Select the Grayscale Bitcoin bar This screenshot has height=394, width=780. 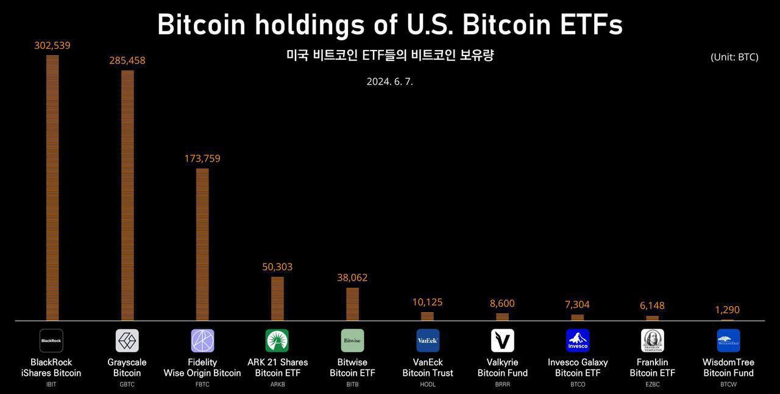[127, 195]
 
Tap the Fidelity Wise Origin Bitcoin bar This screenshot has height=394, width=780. [202, 244]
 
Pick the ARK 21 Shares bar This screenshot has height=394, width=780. [277, 298]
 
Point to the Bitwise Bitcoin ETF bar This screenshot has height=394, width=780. [352, 304]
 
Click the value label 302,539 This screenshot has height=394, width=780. [52, 46]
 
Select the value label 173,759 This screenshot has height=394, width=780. [202, 159]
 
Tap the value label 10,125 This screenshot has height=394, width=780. [427, 302]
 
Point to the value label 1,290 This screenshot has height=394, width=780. [727, 310]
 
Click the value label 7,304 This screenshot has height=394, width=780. [577, 304]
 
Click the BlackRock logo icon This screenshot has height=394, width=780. [51, 340]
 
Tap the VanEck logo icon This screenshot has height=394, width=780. [428, 340]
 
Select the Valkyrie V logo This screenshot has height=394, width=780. [503, 340]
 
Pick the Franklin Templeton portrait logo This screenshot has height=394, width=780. [653, 340]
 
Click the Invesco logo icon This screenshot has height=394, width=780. [578, 340]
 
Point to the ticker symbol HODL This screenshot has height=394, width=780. [428, 385]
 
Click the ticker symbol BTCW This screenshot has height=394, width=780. [728, 385]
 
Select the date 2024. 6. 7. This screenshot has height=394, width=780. [389, 81]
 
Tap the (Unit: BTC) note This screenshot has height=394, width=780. [734, 57]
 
